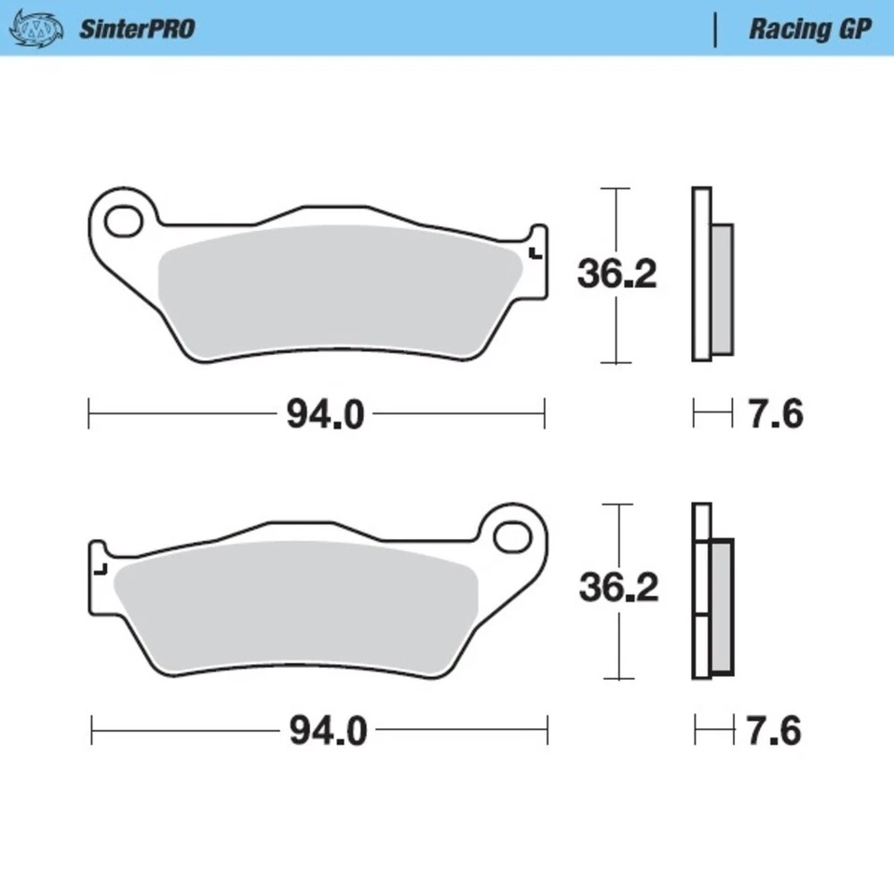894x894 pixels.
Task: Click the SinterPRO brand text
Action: [136, 29]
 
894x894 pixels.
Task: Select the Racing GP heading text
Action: [809, 29]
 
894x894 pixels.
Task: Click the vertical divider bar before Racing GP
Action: [715, 29]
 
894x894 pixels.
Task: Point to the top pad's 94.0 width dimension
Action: [324, 414]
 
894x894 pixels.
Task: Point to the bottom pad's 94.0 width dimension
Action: [328, 731]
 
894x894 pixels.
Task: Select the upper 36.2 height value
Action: [617, 275]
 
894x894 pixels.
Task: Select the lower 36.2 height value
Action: [618, 588]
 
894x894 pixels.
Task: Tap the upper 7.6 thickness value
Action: [776, 414]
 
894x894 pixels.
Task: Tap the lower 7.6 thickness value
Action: [774, 731]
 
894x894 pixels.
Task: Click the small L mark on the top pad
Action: [533, 252]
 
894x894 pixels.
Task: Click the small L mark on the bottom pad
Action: [102, 567]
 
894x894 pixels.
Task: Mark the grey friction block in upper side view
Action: [723, 290]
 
